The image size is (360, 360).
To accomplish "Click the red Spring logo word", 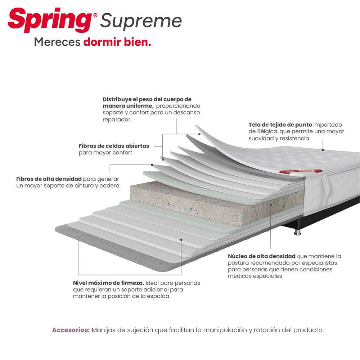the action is click(x=50, y=20).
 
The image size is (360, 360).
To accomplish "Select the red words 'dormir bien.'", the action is click(x=117, y=42).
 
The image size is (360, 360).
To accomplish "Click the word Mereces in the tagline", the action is click(x=57, y=42).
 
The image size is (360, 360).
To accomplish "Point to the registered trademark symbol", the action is click(x=95, y=15).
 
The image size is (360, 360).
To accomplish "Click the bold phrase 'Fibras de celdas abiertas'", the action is click(x=114, y=146).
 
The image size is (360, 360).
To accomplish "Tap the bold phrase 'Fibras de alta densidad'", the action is click(x=49, y=179).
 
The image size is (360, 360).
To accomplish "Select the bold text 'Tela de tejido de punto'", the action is click(x=280, y=125).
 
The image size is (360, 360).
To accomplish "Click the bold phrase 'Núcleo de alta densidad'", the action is click(x=261, y=256).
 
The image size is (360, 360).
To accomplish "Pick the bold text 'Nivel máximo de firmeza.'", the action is click(x=109, y=283).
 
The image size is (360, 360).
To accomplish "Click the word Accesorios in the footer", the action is click(x=71, y=330).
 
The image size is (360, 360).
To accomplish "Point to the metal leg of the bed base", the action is click(x=297, y=232).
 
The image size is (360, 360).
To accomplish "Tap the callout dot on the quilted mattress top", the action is click(x=323, y=150).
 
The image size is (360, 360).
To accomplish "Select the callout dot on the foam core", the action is click(x=271, y=204).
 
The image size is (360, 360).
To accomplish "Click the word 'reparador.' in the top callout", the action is click(x=117, y=120).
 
